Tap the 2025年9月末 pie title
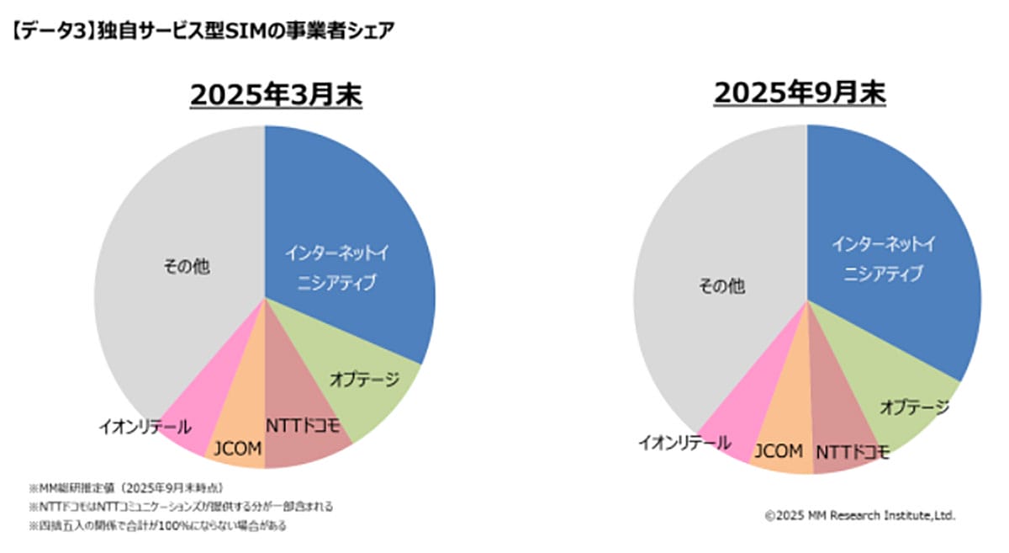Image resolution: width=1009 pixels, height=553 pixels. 800,93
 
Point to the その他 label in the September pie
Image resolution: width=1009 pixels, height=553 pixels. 721,286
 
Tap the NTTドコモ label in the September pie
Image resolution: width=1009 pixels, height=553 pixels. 853,453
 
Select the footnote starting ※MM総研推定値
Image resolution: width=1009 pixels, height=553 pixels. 125,487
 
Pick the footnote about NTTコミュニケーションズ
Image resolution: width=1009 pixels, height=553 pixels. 180,506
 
